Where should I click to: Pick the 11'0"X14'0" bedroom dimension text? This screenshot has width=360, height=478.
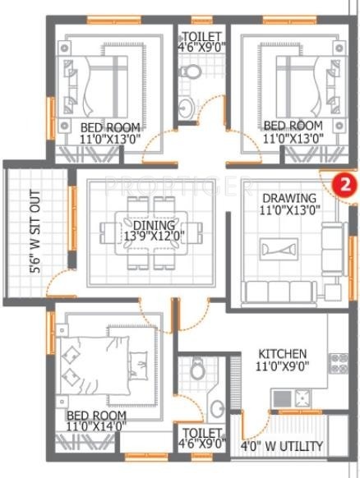pos(97,426)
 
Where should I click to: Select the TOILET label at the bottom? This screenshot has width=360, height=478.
pos(202,433)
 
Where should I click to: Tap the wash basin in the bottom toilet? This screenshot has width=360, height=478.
pos(215,407)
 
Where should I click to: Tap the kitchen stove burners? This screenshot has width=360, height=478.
pos(302,400)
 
